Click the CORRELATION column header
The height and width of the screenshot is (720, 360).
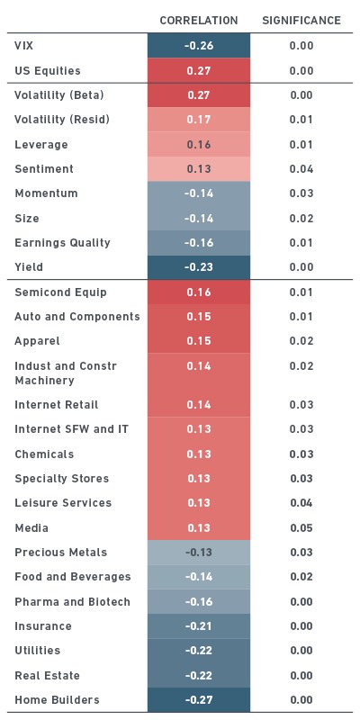click(x=199, y=21)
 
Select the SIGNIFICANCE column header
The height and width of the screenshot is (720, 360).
click(x=301, y=21)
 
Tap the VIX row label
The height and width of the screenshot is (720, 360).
click(x=24, y=46)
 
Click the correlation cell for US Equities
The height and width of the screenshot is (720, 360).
click(x=199, y=71)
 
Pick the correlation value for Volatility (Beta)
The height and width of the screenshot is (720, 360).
click(x=199, y=95)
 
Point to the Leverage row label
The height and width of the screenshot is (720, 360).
click(x=41, y=145)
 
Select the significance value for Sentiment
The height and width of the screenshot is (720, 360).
click(x=301, y=169)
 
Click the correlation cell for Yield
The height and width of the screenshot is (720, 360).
click(x=199, y=267)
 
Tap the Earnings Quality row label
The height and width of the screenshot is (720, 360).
click(x=62, y=243)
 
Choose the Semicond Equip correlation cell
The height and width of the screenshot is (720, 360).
click(x=199, y=292)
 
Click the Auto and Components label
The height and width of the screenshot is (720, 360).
click(x=77, y=317)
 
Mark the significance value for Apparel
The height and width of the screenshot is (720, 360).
click(x=301, y=341)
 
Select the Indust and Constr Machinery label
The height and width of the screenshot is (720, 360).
click(x=66, y=373)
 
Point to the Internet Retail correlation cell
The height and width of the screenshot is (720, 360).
click(x=199, y=404)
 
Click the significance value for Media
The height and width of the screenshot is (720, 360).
click(x=301, y=528)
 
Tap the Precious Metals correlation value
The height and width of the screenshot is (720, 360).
click(x=199, y=553)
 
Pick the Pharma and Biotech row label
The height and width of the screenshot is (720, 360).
click(x=73, y=602)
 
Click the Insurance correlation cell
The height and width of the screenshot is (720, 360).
click(x=199, y=626)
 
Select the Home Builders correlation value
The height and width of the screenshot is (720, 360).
click(x=199, y=700)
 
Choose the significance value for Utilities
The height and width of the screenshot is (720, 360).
click(x=301, y=651)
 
